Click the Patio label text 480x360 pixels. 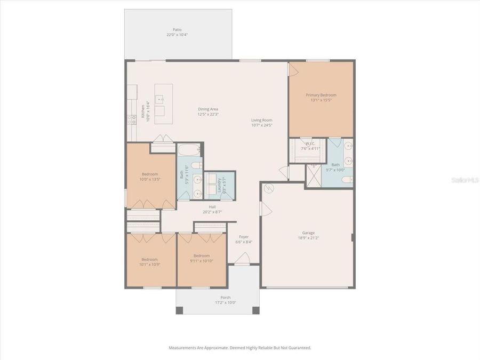pyautogui.click(x=177, y=29)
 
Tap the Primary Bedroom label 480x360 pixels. pyautogui.click(x=321, y=95)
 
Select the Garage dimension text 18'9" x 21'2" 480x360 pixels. pyautogui.click(x=308, y=238)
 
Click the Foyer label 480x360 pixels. pyautogui.click(x=244, y=237)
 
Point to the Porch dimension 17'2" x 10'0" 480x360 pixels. pyautogui.click(x=225, y=302)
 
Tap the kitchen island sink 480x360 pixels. pyautogui.click(x=159, y=98)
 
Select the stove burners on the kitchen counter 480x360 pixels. pyautogui.click(x=130, y=120)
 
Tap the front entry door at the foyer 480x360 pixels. pyautogui.click(x=243, y=260)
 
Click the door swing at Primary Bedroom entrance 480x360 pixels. pyautogui.click(x=293, y=69)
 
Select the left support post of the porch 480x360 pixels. pyautogui.click(x=180, y=310)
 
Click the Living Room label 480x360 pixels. pyautogui.click(x=262, y=120)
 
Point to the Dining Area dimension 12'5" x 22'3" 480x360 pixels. pyautogui.click(x=208, y=115)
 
